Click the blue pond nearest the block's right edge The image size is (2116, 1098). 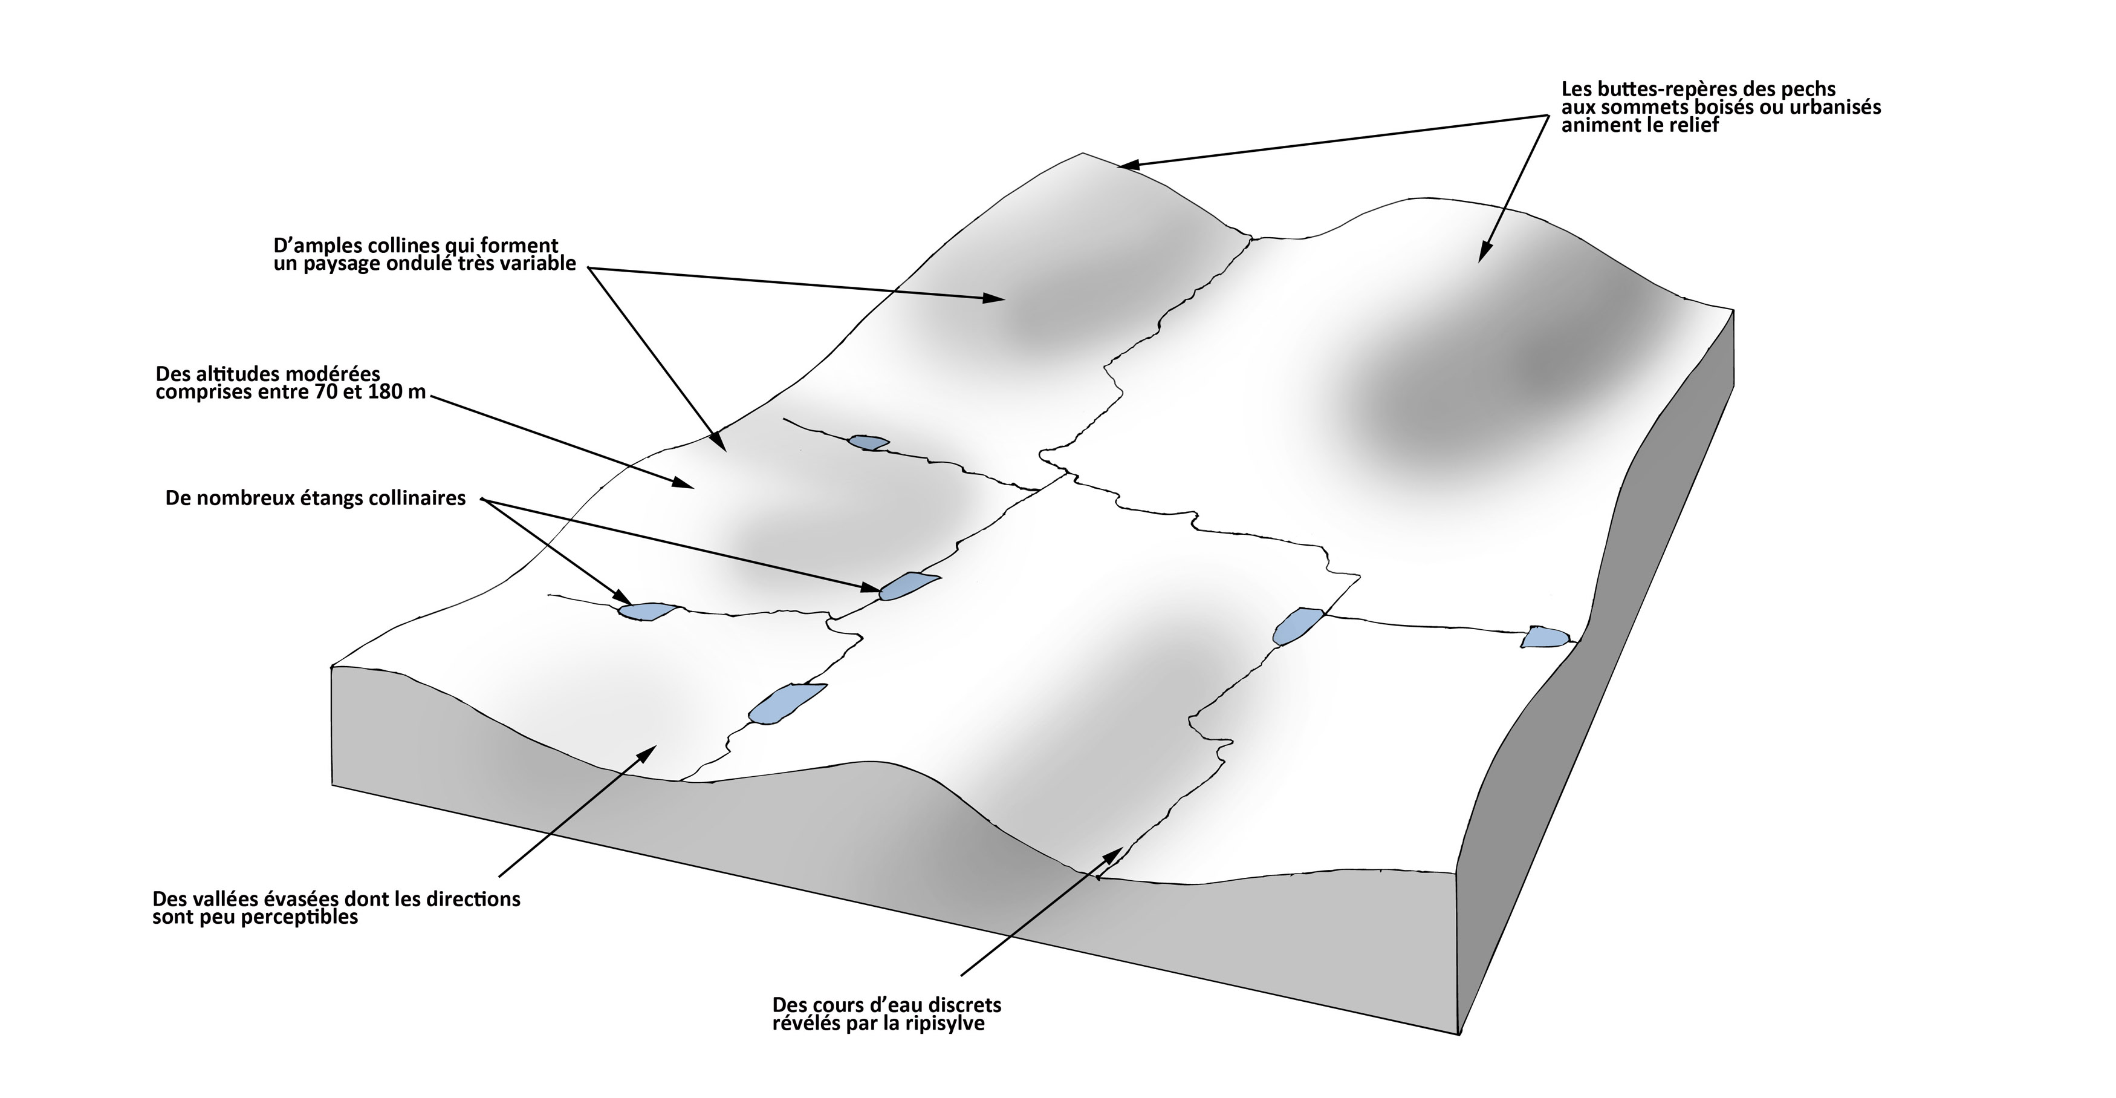click(x=1544, y=637)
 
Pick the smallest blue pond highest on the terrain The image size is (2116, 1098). click(x=868, y=442)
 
